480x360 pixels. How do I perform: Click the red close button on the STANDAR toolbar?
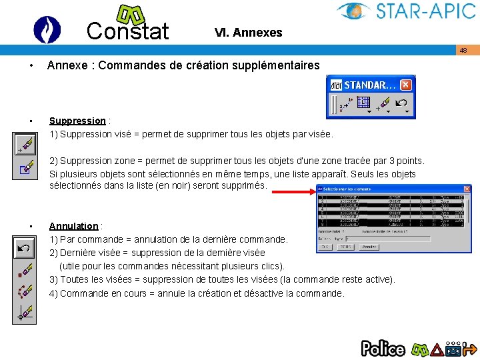pos(405,85)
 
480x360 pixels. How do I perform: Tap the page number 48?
pos(463,50)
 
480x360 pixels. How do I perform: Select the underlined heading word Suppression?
pos(77,121)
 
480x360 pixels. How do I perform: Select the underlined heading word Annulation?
pos(73,226)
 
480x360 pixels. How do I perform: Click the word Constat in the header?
pos(127,31)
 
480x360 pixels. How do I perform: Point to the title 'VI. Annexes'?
pos(248,32)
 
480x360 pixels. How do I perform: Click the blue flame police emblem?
pos(47,29)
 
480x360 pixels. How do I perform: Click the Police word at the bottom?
pos(383,348)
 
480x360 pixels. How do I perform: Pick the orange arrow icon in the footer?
pos(469,348)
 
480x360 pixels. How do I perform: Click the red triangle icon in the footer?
pos(437,348)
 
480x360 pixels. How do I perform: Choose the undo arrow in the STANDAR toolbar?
pos(402,103)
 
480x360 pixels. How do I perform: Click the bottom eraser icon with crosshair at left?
pos(25,312)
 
